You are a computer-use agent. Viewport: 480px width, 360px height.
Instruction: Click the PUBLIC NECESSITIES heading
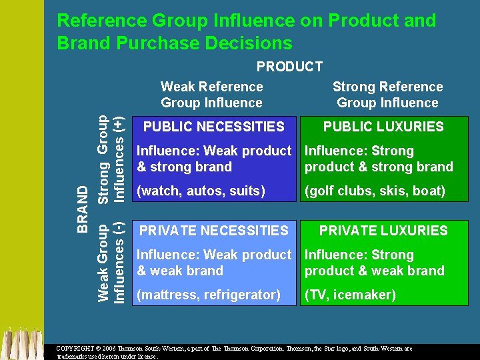pos(213,127)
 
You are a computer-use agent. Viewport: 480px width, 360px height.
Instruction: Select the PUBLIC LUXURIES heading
pos(383,127)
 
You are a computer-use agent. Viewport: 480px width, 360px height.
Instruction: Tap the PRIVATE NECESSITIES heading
pos(213,231)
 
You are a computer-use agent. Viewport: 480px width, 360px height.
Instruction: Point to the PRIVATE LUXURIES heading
pos(383,231)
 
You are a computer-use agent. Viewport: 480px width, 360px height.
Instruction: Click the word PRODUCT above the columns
pos(289,67)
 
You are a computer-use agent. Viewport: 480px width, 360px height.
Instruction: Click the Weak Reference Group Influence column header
pos(212,95)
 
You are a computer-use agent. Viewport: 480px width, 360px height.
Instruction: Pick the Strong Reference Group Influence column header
pos(387,95)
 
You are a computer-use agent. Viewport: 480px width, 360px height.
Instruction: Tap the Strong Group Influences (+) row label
pos(111,159)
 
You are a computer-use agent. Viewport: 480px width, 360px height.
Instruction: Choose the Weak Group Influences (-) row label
pos(111,263)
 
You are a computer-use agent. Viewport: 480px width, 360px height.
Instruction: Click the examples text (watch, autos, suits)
pos(201,191)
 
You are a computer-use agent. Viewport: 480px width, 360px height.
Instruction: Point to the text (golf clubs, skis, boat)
pos(375,191)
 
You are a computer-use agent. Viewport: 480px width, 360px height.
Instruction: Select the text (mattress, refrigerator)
pos(208,295)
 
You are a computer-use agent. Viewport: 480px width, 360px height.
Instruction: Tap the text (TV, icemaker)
pos(350,295)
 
